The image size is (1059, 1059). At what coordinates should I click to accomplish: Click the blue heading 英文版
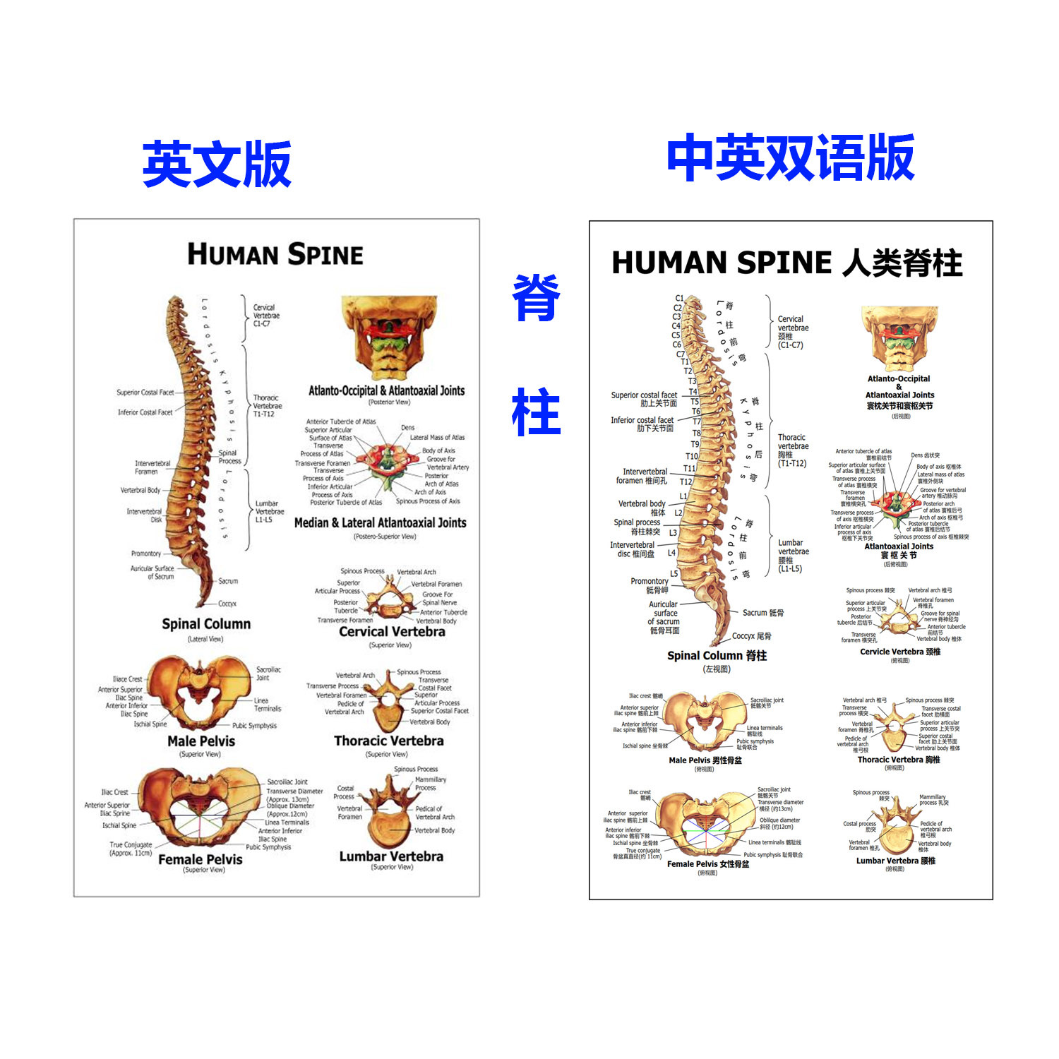click(x=217, y=164)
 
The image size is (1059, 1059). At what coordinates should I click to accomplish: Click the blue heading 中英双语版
click(x=790, y=158)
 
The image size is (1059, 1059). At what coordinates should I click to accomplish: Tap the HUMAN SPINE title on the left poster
click(x=275, y=254)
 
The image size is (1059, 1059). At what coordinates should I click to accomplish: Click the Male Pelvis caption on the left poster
click(x=201, y=741)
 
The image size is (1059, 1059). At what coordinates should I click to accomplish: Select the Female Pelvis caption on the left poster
click(x=201, y=859)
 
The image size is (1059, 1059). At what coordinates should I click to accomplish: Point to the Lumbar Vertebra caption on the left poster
click(x=391, y=856)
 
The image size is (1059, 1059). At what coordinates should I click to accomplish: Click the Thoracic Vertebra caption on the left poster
click(x=389, y=741)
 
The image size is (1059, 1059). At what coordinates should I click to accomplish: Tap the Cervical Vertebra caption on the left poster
click(x=392, y=632)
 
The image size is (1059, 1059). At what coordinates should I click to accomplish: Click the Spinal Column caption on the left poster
click(x=206, y=624)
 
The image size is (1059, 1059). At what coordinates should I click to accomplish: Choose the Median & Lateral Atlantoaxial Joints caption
click(x=380, y=523)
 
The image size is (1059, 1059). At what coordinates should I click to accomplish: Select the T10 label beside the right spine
click(x=691, y=457)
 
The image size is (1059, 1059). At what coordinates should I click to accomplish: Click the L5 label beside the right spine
click(x=674, y=574)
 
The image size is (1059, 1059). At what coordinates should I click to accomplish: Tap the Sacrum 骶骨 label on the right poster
click(x=762, y=613)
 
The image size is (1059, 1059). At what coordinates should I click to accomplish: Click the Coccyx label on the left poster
click(x=227, y=604)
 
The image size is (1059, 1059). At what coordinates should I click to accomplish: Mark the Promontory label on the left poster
click(x=146, y=554)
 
